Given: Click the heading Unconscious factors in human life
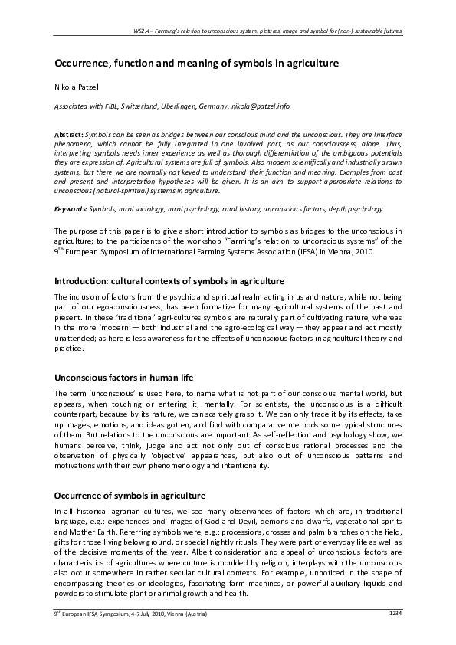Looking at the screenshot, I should coord(123,378).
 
